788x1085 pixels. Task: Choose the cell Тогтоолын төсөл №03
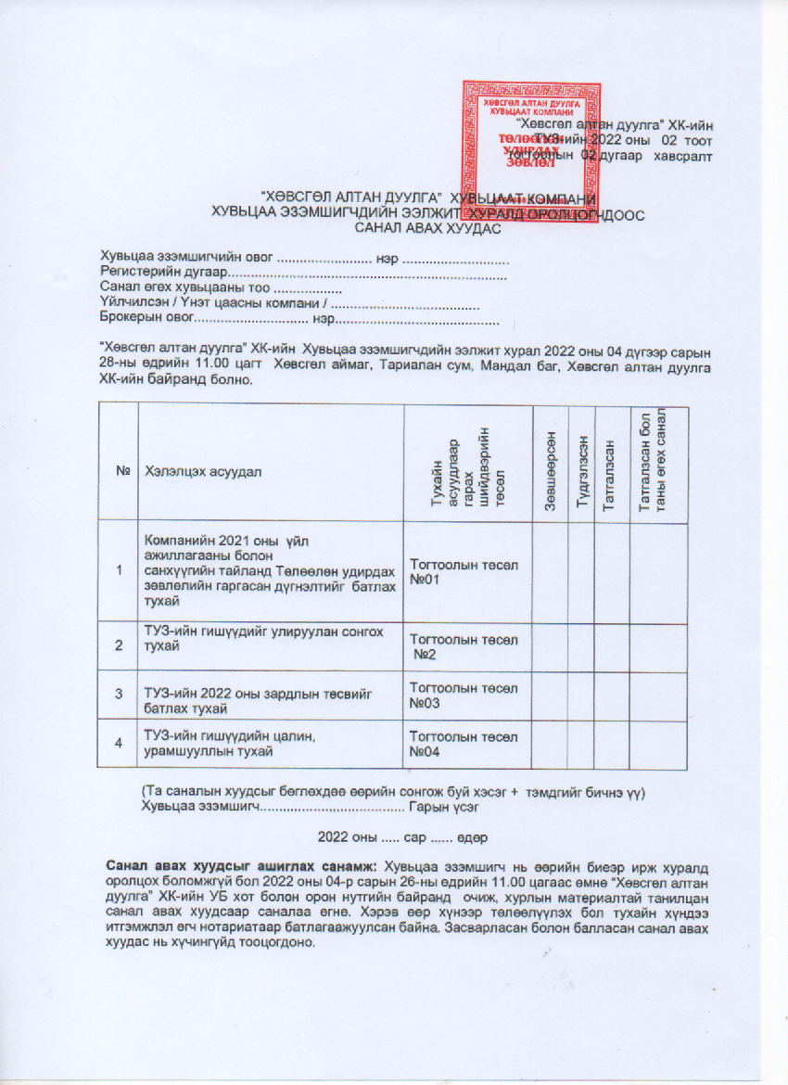click(464, 696)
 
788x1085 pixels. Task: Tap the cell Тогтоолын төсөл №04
click(464, 745)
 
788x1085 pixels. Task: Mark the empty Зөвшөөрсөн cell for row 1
click(551, 571)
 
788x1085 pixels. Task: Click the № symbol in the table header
click(121, 471)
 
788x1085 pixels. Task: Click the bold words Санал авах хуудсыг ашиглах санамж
click(243, 866)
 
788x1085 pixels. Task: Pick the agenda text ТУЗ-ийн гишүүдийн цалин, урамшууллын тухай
click(231, 744)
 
